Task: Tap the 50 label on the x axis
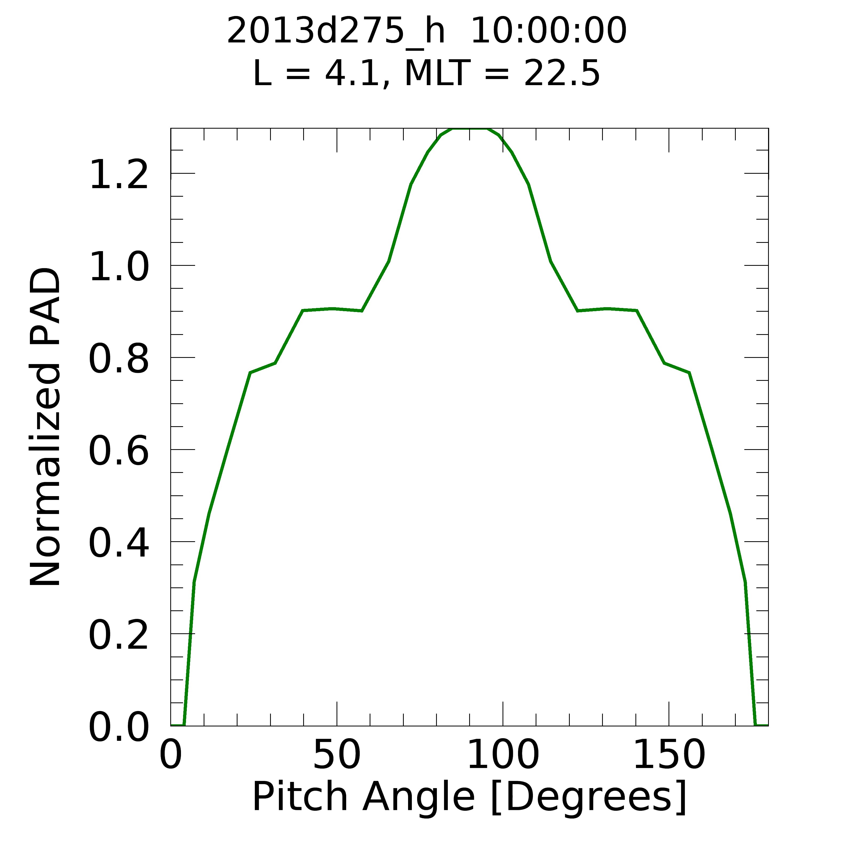(x=337, y=756)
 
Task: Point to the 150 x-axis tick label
(x=669, y=756)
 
